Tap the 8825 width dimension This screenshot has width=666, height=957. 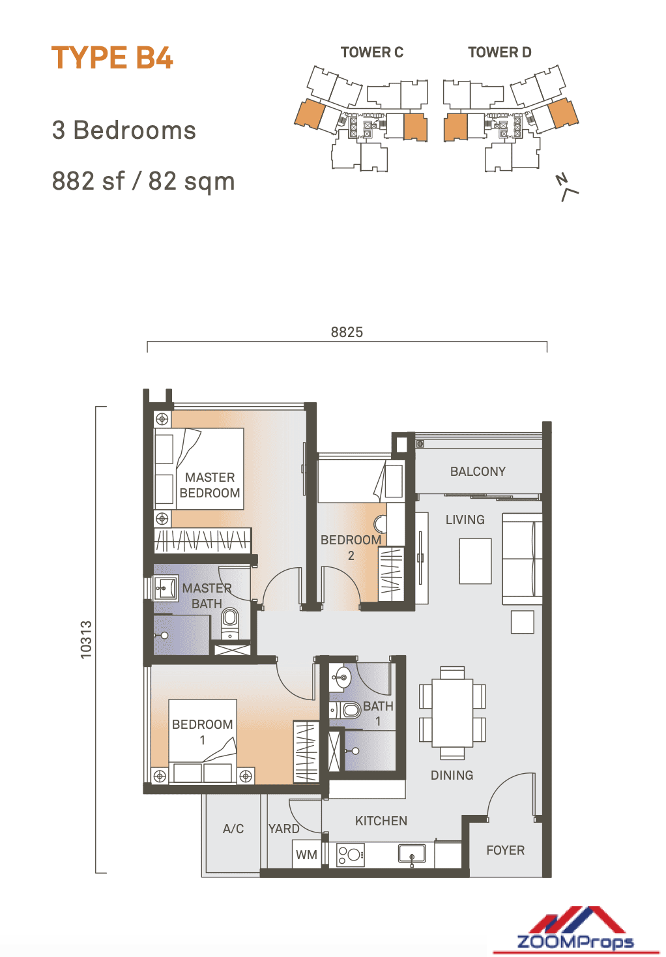[x=347, y=332]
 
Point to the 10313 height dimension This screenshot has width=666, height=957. [x=86, y=640]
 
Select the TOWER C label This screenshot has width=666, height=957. [x=371, y=53]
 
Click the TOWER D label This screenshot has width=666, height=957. [x=499, y=53]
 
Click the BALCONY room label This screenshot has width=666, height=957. [x=478, y=471]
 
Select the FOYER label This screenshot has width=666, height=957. [x=505, y=850]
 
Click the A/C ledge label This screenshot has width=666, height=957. [x=233, y=829]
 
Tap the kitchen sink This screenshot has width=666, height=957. [x=412, y=853]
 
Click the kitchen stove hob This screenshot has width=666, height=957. [x=351, y=854]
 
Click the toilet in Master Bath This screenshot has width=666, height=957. [x=230, y=623]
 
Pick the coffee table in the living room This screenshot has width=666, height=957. [x=475, y=561]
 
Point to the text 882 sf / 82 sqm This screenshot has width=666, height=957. [x=143, y=181]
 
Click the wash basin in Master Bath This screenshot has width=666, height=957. [x=166, y=588]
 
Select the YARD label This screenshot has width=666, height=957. [x=283, y=829]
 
